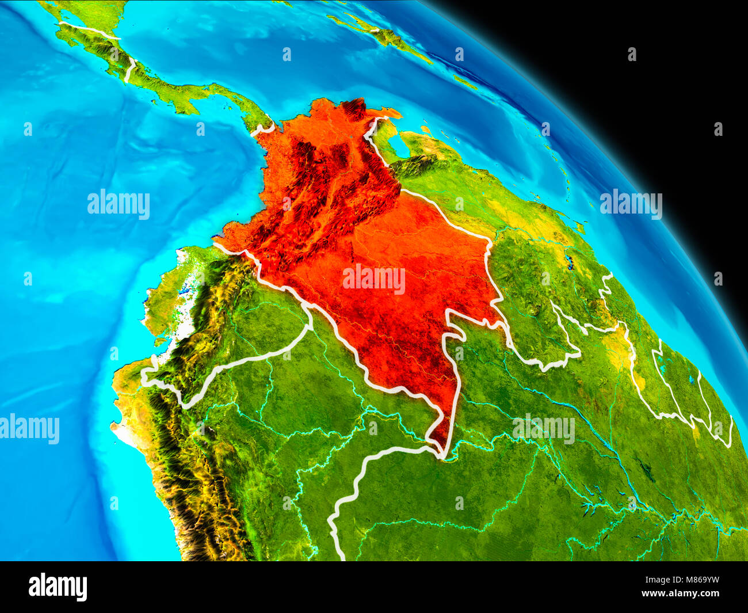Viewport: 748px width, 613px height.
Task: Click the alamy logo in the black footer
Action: coord(58,587)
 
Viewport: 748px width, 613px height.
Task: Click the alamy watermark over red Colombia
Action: coord(374,279)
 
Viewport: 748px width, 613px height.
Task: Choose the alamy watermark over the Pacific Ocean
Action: coord(119,204)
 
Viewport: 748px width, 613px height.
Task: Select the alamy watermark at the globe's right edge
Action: coord(631,204)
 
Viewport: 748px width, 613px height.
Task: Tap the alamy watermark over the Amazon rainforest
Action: coord(543,429)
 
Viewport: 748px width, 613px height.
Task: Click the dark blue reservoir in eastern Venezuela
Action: coord(570,263)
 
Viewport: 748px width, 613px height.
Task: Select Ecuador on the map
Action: coord(184,299)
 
